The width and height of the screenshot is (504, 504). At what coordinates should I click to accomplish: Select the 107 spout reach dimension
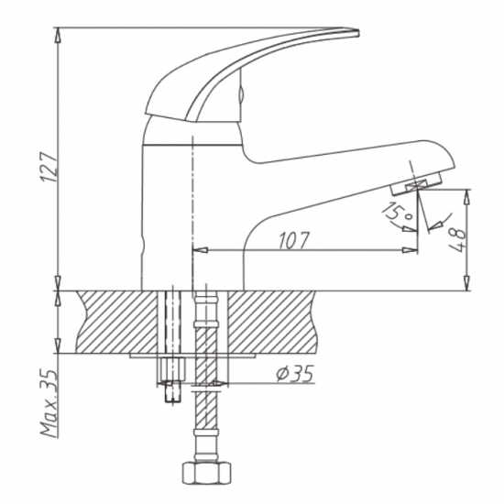291,240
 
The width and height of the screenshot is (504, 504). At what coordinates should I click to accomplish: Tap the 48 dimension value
456,240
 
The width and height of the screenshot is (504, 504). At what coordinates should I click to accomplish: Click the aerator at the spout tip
417,187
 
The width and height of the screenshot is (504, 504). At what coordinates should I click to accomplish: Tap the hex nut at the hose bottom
206,474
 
